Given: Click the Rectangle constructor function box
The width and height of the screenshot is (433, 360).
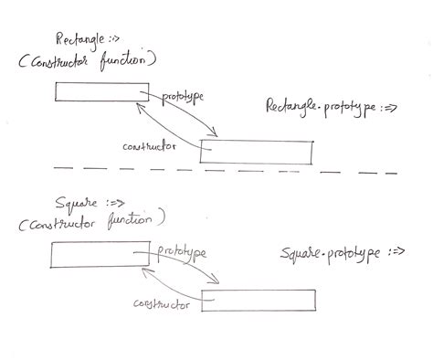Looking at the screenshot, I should [x=100, y=91].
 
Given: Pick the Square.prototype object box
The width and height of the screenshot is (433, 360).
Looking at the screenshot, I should [x=259, y=301].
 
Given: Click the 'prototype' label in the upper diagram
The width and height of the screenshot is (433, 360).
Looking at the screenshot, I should [x=183, y=96].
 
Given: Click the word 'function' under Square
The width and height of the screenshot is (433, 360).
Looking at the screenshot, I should [x=135, y=220].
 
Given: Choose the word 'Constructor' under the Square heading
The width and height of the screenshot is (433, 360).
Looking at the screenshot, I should [x=63, y=221].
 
